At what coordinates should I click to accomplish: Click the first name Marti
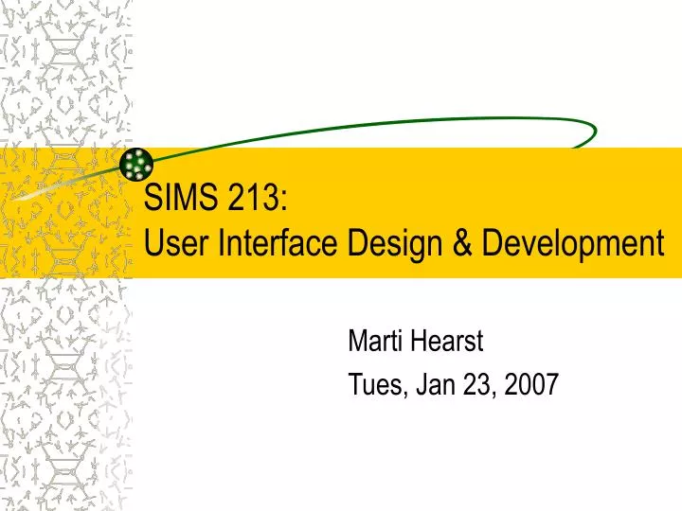pos(376,338)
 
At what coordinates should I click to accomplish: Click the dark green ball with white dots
pos(138,165)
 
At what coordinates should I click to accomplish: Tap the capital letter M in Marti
pos(358,338)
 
